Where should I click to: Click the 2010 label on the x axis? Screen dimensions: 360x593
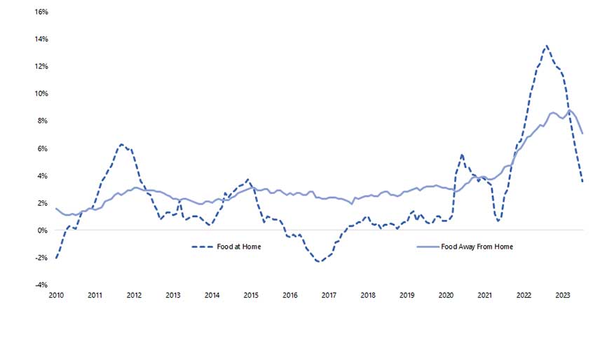[56, 296]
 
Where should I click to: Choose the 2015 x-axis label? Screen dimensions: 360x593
[251, 296]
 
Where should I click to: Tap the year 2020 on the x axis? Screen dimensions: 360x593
[446, 296]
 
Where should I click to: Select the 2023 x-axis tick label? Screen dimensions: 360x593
[562, 296]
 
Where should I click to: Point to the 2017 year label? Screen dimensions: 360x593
[329, 296]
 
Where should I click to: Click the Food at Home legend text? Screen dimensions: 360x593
[240, 247]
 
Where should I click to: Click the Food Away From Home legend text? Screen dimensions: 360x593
[477, 247]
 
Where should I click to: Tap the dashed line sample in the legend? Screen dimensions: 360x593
[202, 247]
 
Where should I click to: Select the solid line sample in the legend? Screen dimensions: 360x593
[428, 247]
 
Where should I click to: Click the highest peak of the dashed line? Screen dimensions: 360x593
[546, 46]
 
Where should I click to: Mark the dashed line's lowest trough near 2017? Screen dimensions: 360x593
[319, 262]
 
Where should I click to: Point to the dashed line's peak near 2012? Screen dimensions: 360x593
[121, 144]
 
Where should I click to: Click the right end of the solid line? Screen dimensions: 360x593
[582, 133]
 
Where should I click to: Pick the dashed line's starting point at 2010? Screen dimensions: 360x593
[56, 258]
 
